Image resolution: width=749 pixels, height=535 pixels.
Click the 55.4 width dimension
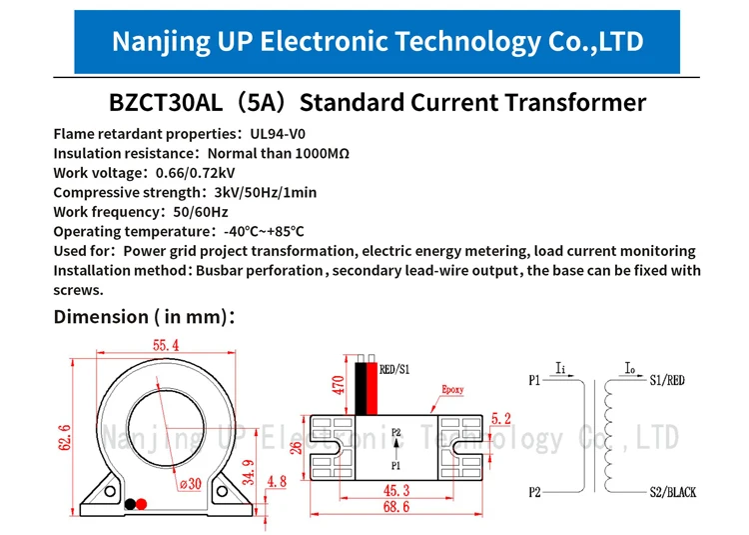[x=166, y=345]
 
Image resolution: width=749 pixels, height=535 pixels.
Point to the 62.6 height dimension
[x=65, y=437]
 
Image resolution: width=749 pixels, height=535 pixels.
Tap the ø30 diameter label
[x=191, y=484]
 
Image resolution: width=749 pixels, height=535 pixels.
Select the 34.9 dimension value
[x=249, y=472]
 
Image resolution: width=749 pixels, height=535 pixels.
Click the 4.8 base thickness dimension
[x=277, y=481]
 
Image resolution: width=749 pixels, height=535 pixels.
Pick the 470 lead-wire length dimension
[x=338, y=385]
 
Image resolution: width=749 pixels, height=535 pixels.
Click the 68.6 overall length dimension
[x=396, y=507]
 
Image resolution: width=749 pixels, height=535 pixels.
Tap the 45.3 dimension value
[x=396, y=490]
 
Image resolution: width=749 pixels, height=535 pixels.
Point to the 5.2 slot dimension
[x=500, y=419]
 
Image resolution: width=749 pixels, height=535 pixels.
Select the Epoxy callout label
[x=452, y=389]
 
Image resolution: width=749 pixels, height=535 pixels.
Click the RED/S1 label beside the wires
[x=394, y=369]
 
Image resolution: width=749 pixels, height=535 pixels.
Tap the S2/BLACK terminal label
[x=672, y=492]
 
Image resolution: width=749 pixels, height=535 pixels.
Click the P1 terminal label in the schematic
[x=534, y=380]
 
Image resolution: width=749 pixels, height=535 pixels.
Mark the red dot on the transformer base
[x=142, y=504]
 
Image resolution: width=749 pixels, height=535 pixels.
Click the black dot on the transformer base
[x=130, y=504]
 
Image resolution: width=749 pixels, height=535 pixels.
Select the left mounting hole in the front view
[x=110, y=491]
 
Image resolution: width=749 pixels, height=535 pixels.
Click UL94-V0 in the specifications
[x=278, y=134]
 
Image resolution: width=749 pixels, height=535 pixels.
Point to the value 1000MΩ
[x=323, y=153]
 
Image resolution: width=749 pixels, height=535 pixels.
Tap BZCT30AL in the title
[x=166, y=102]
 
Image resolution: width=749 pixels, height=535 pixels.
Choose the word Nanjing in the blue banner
[x=161, y=42]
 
